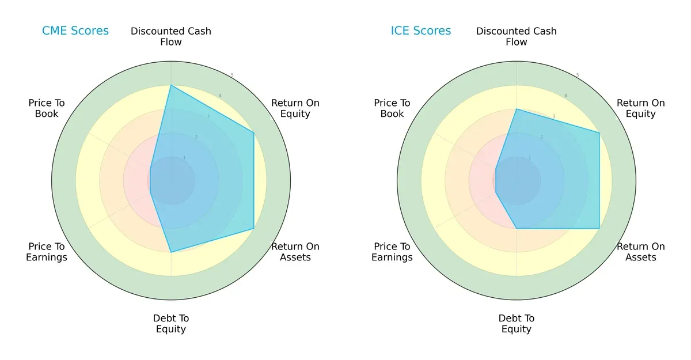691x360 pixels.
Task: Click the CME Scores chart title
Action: [x=75, y=31]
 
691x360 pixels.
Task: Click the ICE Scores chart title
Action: [x=421, y=31]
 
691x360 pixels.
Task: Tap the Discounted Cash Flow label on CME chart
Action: [x=171, y=36]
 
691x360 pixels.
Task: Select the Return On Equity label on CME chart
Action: [x=295, y=108]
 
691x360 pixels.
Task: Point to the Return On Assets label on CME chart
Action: [x=295, y=252]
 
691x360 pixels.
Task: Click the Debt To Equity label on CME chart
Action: [x=171, y=324]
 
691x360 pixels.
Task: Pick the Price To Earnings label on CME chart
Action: [x=47, y=252]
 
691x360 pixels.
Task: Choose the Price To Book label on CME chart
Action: [x=47, y=108]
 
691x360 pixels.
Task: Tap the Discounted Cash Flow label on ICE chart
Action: [x=517, y=36]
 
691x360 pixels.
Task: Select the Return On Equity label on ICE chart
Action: [x=640, y=108]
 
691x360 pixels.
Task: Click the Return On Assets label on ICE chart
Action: [x=640, y=252]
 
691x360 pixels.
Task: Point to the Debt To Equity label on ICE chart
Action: [x=517, y=324]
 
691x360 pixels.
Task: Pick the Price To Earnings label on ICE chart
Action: [x=392, y=252]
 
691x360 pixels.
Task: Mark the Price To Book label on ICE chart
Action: [x=392, y=108]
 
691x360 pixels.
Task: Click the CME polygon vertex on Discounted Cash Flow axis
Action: [x=171, y=85]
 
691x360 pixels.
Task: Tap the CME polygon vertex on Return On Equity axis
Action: [x=254, y=133]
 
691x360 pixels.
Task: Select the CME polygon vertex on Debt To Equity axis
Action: [x=171, y=252]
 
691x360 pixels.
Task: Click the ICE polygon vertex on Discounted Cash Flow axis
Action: [x=517, y=109]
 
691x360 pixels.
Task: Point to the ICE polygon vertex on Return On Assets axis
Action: [x=599, y=229]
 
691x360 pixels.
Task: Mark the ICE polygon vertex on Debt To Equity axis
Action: [x=517, y=229]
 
